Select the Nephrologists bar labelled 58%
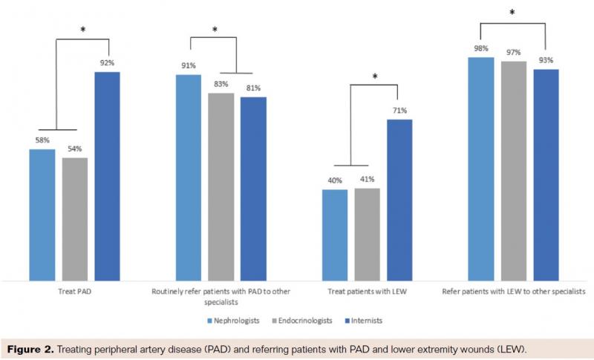42,215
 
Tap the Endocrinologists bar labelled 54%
75,219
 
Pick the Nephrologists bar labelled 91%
189,177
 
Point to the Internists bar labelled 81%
253,189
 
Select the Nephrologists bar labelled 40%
335,235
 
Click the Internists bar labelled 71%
399,200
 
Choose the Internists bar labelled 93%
546,175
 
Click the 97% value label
514,53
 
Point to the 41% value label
367,180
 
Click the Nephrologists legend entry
232,321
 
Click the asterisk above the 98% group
512,13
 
